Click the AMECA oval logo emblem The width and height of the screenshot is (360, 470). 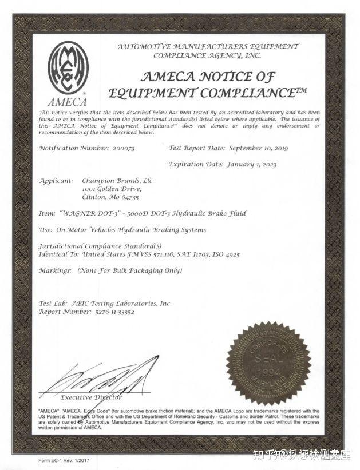68,68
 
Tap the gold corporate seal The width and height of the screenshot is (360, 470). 268,364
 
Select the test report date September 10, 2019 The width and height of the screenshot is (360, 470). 258,148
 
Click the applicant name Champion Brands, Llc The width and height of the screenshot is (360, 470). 117,181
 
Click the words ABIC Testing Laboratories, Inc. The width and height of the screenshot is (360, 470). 121,304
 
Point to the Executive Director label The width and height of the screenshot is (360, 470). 91,397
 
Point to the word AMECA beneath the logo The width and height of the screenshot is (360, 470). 68,103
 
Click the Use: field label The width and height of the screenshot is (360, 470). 46,230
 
